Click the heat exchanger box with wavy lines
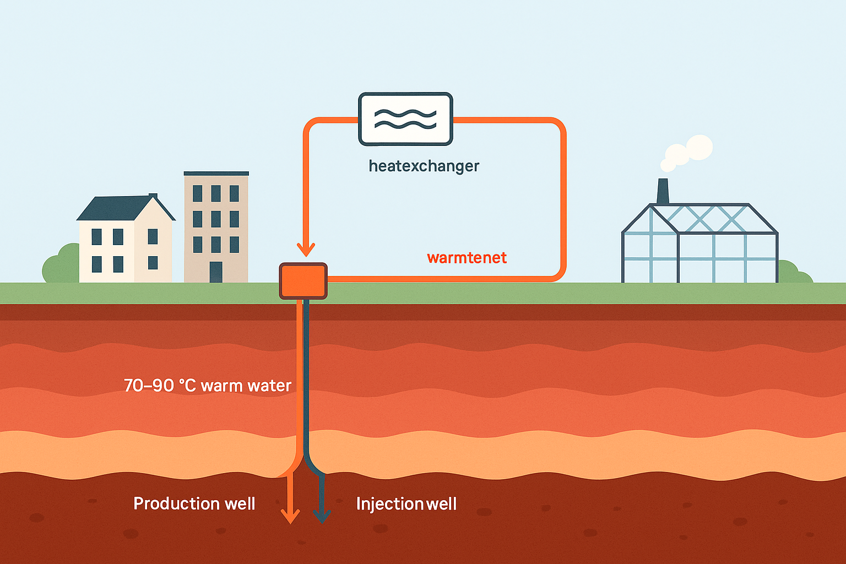(x=405, y=119)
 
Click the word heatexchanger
(x=424, y=166)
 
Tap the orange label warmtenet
(x=467, y=258)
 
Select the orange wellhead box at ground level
(x=303, y=281)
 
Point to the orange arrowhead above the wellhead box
(x=306, y=249)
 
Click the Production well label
(x=194, y=503)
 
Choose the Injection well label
(x=406, y=504)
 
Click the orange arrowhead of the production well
(x=290, y=516)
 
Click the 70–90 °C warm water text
(x=207, y=386)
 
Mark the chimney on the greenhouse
(x=663, y=191)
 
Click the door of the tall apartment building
(x=216, y=272)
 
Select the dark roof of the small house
(x=121, y=209)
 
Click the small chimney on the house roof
(x=153, y=196)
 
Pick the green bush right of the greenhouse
(x=793, y=273)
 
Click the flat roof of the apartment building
(x=216, y=173)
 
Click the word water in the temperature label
(x=269, y=386)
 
